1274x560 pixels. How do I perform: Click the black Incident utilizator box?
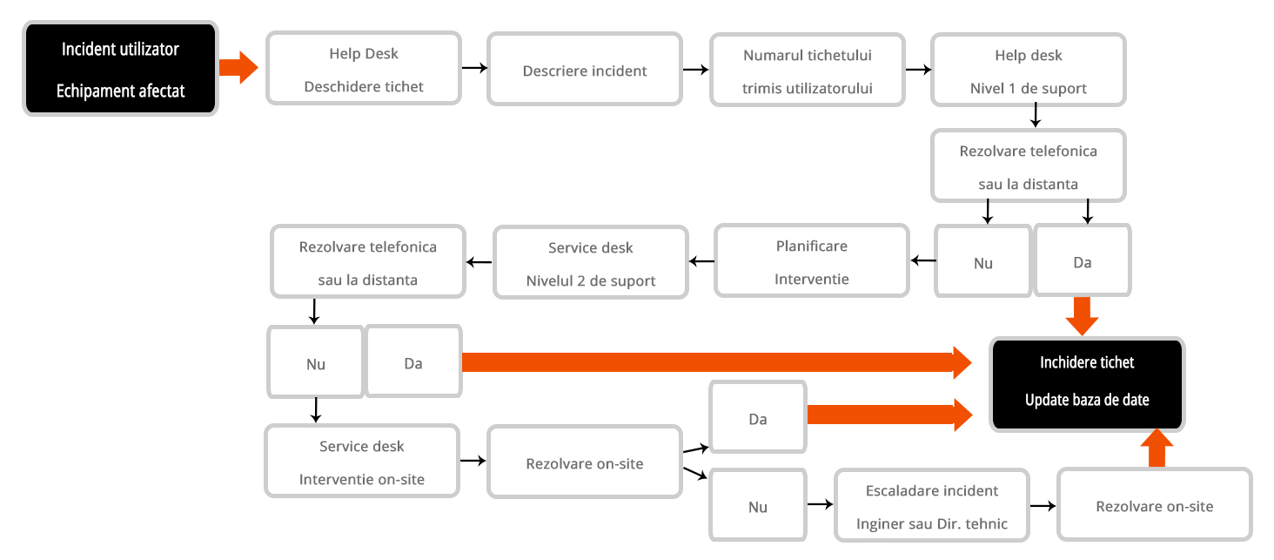pos(121,68)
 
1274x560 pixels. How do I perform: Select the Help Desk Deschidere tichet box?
pos(364,68)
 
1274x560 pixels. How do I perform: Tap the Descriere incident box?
pos(585,70)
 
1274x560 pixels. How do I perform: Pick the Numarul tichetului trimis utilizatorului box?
pos(807,70)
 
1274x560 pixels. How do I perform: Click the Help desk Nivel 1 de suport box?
pos(1029,70)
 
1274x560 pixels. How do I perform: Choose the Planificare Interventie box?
pos(812,260)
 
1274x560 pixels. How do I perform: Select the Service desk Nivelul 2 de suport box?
pos(590,262)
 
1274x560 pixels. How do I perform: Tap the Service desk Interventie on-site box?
pos(362,461)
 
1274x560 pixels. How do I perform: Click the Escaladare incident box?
pos(932,505)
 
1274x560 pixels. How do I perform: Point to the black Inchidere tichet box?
pos(1087,384)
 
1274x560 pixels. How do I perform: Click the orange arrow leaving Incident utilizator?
pos(238,68)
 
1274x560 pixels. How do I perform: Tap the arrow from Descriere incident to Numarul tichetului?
pos(695,70)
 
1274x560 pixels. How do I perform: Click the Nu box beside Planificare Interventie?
pos(982,260)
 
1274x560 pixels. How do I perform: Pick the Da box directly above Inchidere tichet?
pos(1083,260)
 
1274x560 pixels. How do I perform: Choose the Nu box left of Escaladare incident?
pos(758,505)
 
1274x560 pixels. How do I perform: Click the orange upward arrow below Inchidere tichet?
pos(1157,448)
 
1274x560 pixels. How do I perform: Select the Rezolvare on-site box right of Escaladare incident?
pos(1155,504)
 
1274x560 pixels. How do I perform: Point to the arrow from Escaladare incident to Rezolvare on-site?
pos(1043,505)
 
